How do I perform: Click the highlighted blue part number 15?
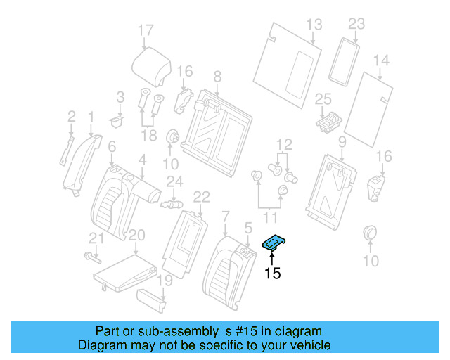(274, 243)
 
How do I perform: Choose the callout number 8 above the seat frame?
(217, 76)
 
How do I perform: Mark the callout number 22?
(202, 196)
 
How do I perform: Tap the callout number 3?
(120, 96)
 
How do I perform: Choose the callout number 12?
(283, 145)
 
